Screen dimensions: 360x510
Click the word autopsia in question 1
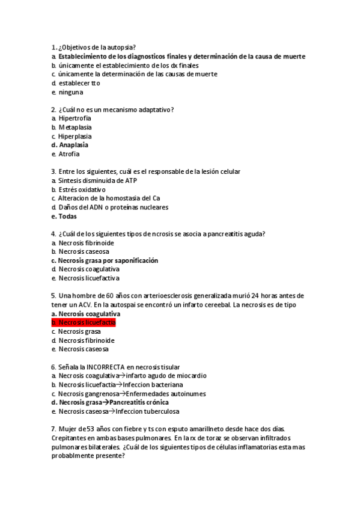118,48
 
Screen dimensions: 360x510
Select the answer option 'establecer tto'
79,83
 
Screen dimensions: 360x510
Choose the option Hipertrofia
75,118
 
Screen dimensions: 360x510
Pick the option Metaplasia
75,127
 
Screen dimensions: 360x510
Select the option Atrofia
69,154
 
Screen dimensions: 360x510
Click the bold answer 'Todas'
68,216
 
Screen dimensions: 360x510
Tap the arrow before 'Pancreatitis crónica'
106,402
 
